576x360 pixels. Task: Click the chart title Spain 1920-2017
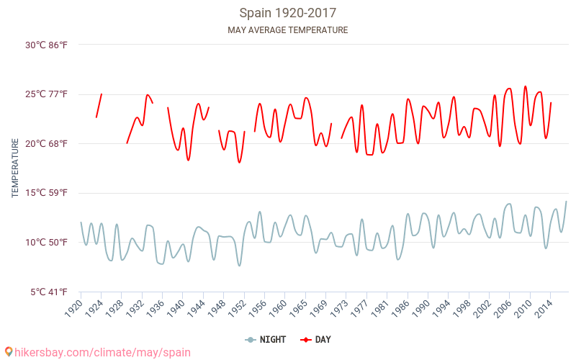point(287,13)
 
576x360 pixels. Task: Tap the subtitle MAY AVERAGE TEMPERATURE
point(287,30)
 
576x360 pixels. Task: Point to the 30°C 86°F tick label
point(47,45)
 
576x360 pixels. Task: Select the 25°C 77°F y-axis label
point(47,94)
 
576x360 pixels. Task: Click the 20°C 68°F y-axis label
point(47,144)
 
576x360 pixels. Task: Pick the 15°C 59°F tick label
point(47,193)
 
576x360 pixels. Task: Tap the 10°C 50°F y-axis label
point(47,243)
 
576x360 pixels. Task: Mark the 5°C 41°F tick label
point(49,292)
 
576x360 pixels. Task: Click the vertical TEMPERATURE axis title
point(15,168)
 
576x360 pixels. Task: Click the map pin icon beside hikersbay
point(9,352)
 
